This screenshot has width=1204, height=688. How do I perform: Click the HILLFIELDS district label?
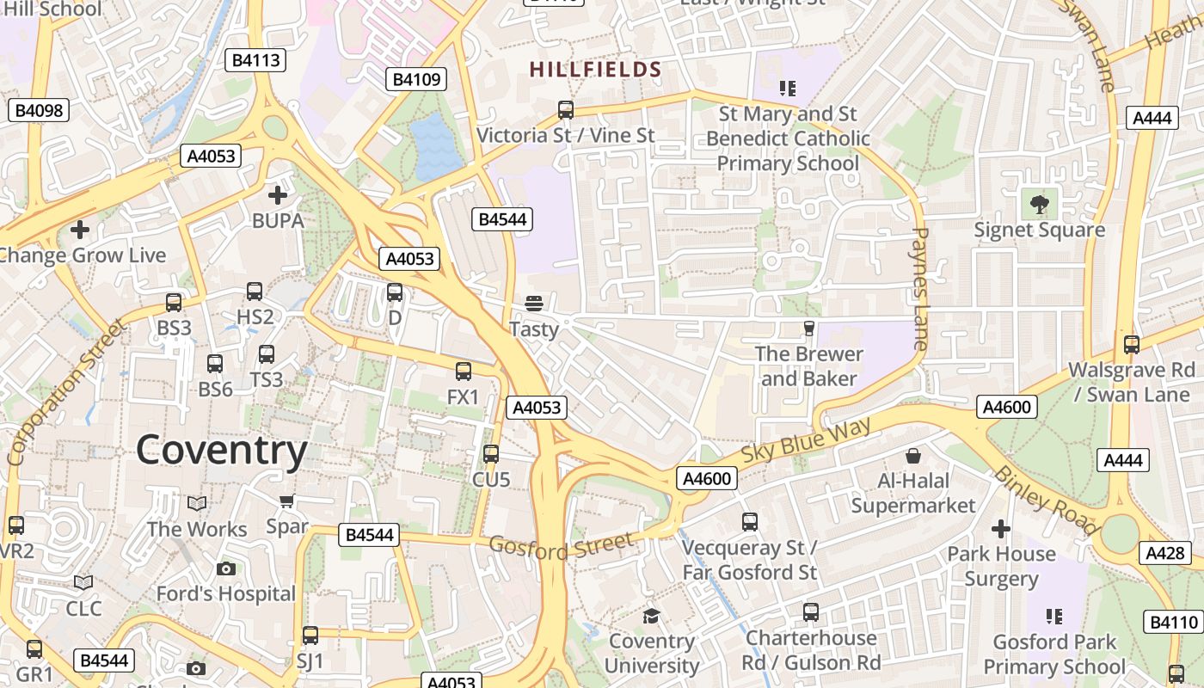pos(595,70)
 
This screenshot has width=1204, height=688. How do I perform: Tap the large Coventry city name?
pos(222,451)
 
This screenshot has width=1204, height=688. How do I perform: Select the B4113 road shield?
pos(255,60)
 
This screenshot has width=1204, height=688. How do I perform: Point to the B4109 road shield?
pos(416,80)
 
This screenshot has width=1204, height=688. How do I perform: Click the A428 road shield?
pos(1165,553)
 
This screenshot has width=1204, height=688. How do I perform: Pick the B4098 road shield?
pos(39,110)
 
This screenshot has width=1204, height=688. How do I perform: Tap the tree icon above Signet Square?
pos(1039,204)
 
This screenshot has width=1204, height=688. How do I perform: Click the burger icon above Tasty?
pos(534,303)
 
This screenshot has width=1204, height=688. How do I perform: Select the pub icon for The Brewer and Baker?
pos(808,328)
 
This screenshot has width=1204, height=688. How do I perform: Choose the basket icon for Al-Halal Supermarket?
pos(913,455)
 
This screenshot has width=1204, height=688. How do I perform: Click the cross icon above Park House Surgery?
pos(1001,528)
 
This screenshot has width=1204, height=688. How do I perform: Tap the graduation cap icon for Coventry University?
pos(651,616)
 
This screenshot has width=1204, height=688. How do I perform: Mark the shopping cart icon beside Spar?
pos(286,501)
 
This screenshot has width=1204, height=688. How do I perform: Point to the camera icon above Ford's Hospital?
pos(226,568)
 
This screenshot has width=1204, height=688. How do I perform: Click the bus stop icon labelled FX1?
pos(463,372)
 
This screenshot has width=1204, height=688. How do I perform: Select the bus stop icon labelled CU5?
pos(490,453)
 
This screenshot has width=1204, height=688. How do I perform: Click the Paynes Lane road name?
pos(919,288)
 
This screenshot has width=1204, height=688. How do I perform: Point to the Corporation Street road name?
pos(64,392)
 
